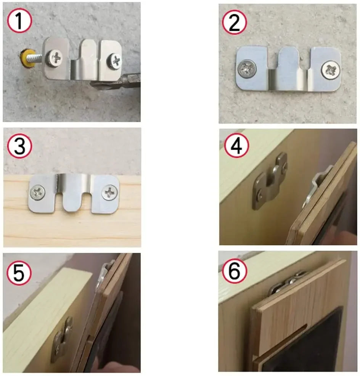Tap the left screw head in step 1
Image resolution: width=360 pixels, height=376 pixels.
click(x=55, y=58)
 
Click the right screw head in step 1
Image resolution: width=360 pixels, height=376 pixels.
click(x=114, y=60)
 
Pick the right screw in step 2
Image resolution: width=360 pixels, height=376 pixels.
click(x=329, y=70)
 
